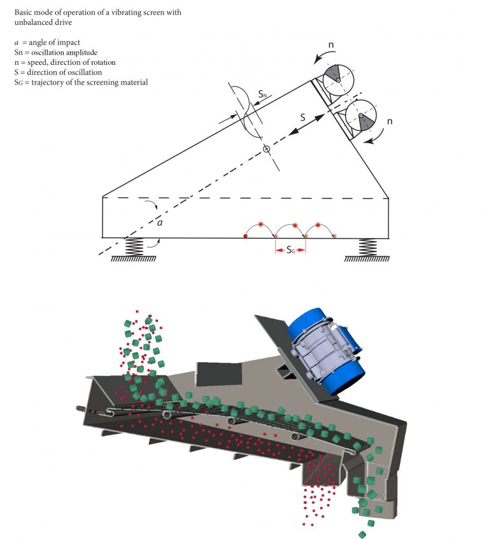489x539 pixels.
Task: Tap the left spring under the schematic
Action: [x=134, y=247]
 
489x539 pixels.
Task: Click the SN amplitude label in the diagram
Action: [x=262, y=94]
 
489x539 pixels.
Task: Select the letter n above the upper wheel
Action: [x=332, y=46]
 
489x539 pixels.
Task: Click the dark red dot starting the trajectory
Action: [x=246, y=236]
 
